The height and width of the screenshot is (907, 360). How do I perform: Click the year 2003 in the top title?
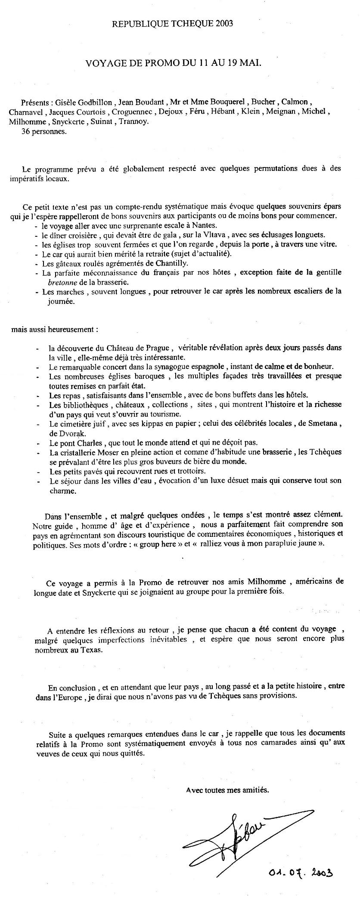[224, 24]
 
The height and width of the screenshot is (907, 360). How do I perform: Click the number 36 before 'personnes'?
[25, 132]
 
